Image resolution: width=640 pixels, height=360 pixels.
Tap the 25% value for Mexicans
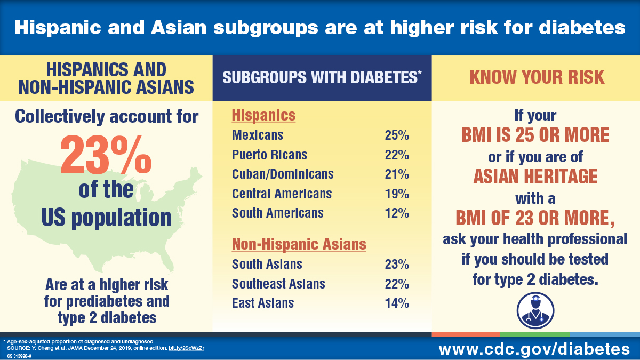397,135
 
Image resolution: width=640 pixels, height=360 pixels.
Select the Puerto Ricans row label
269,155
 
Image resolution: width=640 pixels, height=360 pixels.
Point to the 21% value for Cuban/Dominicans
397,174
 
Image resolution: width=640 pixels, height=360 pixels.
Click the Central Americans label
282,193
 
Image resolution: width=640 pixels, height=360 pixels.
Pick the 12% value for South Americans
397,213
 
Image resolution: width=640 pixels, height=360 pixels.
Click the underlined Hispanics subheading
263,115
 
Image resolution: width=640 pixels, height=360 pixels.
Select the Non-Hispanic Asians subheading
299,244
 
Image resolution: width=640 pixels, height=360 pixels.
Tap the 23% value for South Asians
397,264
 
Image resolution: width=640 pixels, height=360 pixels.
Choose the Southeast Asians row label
278,284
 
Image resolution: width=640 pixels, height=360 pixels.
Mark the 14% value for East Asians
397,303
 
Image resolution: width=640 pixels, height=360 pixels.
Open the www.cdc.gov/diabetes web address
534,349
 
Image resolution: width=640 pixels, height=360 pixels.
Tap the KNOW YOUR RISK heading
537,77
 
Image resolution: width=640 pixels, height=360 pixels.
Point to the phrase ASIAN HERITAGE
535,175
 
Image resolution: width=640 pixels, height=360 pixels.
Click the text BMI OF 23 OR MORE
535,218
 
